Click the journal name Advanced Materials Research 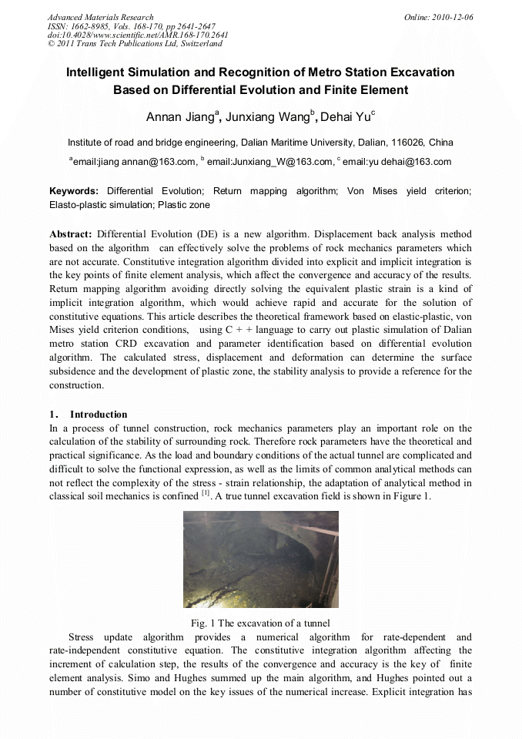point(100,17)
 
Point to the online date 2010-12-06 point(454,17)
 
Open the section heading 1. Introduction point(89,415)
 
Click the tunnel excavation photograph point(260,559)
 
